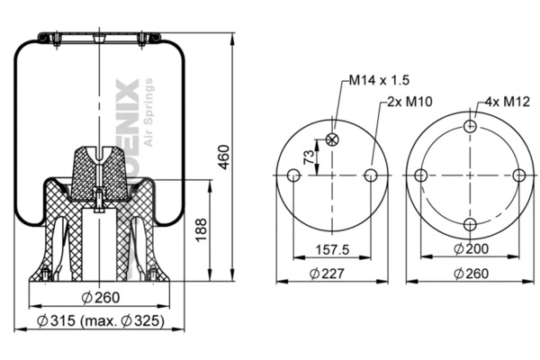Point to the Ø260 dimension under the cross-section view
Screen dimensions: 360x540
(x=101, y=299)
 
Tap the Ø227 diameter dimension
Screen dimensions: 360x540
(x=331, y=273)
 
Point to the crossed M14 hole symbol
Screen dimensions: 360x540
(x=332, y=139)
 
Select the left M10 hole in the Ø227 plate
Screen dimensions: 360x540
(x=293, y=175)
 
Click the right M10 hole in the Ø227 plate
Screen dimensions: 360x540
(x=370, y=175)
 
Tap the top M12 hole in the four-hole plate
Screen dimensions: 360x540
(x=469, y=127)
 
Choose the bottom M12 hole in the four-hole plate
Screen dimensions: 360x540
(x=469, y=224)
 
